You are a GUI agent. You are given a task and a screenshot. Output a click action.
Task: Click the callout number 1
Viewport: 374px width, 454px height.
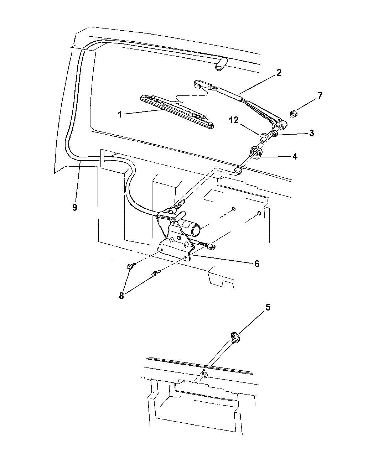[x=120, y=114]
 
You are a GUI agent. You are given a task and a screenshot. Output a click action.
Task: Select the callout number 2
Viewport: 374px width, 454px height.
[x=279, y=73]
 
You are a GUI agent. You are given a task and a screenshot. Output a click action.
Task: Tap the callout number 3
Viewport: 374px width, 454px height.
[x=311, y=134]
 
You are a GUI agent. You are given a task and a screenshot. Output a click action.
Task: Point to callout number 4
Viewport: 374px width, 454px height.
[x=295, y=156]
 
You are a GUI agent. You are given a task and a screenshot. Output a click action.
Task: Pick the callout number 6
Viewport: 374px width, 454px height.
[x=256, y=264]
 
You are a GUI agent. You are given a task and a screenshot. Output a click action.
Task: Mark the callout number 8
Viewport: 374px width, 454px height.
[x=121, y=296]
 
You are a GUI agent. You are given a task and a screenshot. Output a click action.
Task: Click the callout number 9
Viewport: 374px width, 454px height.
[x=74, y=207]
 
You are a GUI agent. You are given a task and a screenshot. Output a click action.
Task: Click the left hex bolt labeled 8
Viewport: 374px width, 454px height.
[x=130, y=266]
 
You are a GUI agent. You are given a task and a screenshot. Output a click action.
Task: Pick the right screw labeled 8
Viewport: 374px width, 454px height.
[x=156, y=273]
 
